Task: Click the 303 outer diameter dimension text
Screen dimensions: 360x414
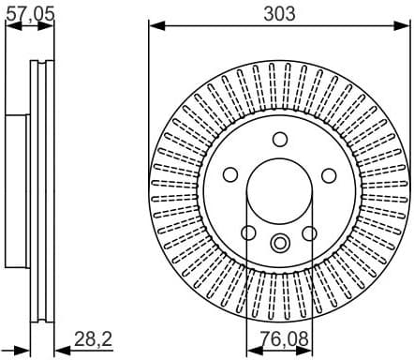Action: pos(280,12)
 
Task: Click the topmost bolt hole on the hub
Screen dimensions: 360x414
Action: pos(279,140)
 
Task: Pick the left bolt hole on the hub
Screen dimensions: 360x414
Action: pos(230,175)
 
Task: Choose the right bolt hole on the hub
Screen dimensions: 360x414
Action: pos(328,175)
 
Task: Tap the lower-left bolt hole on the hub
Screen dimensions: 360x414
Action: pos(249,232)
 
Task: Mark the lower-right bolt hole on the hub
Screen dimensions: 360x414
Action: pos(309,232)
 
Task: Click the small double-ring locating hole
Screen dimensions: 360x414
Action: pos(279,243)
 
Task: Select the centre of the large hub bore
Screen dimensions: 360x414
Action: pos(279,191)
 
